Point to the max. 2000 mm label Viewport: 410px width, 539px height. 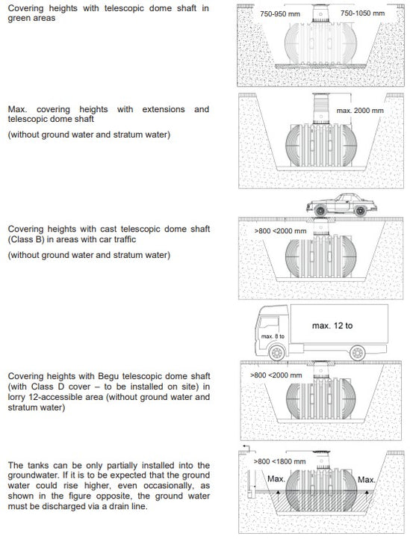pos(360,110)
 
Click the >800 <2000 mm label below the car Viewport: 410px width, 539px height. pos(279,231)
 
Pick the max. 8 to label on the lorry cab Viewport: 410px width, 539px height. pos(272,336)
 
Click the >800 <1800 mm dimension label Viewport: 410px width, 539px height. pos(279,461)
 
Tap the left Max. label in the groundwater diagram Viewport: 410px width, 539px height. pos(276,478)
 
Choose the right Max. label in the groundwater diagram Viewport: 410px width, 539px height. pos(367,478)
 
